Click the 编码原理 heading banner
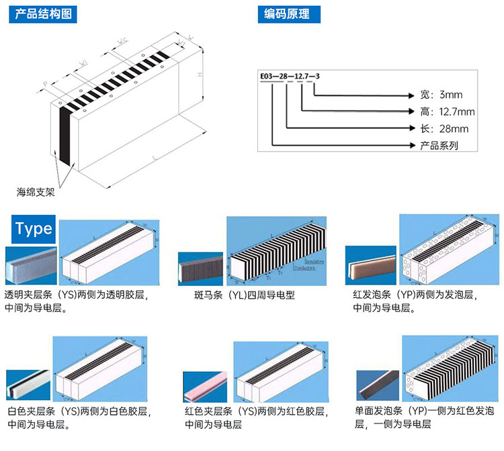click(288, 13)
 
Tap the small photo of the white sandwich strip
click(28, 385)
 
